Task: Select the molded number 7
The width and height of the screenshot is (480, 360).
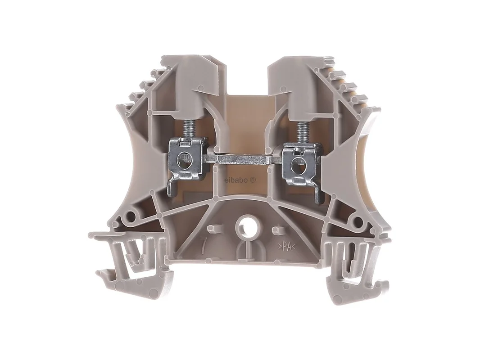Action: coord(203,245)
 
